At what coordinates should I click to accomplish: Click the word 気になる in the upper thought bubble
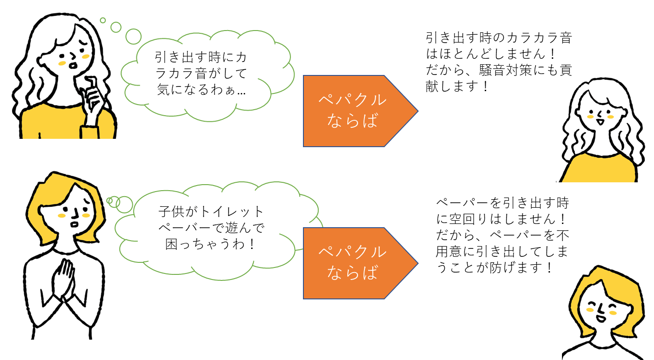point(183,90)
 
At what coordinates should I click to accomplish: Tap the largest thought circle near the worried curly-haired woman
point(133,37)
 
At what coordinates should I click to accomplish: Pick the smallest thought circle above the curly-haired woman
point(103,20)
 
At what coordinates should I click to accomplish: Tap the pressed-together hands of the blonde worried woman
point(63,279)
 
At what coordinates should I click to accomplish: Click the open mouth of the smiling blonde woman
point(601,318)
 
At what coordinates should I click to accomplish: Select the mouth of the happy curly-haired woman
point(600,121)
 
